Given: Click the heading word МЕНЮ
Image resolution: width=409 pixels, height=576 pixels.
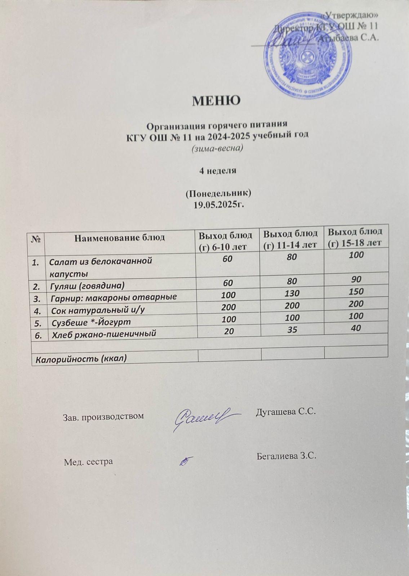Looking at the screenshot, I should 216,100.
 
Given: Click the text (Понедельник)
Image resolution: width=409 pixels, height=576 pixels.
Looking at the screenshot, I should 218,193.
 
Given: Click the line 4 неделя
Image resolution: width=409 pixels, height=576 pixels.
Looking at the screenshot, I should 218,171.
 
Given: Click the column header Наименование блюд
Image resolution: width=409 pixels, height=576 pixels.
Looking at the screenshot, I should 120,237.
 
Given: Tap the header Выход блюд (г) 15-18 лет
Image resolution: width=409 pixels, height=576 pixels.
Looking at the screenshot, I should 356,237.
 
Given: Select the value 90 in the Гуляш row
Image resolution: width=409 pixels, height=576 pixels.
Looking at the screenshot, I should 356,279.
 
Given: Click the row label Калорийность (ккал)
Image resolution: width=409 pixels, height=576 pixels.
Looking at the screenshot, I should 81,359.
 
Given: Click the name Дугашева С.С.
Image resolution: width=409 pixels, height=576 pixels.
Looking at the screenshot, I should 285,411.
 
